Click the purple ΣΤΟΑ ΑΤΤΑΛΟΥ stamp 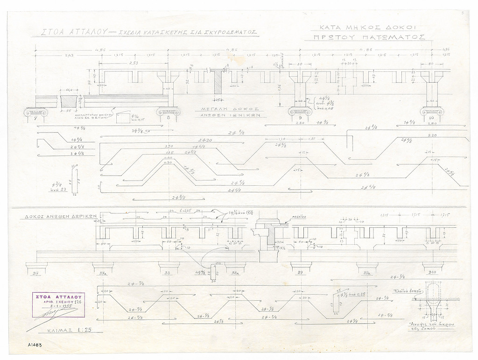(58, 304)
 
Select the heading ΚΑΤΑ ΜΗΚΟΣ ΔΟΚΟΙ (369, 27)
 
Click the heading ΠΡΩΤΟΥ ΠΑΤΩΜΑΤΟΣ (369, 37)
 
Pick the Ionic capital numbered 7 (35, 113)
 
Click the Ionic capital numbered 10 (431, 112)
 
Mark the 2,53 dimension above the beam (133, 63)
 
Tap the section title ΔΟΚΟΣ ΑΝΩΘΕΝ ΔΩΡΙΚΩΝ (61, 217)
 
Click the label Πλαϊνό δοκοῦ (408, 290)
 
